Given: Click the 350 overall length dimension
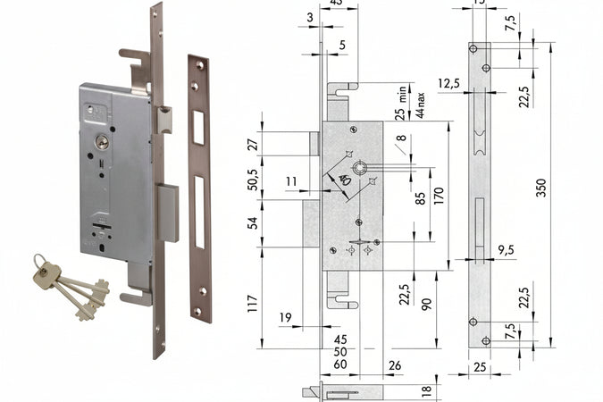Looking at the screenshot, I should [x=541, y=188].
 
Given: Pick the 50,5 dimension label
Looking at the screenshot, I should [x=252, y=178].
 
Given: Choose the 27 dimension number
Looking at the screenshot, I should [x=252, y=144].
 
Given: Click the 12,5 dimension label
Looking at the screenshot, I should [x=448, y=83].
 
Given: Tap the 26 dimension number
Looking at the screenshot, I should [x=396, y=364].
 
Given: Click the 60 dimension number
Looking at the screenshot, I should [x=339, y=364].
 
